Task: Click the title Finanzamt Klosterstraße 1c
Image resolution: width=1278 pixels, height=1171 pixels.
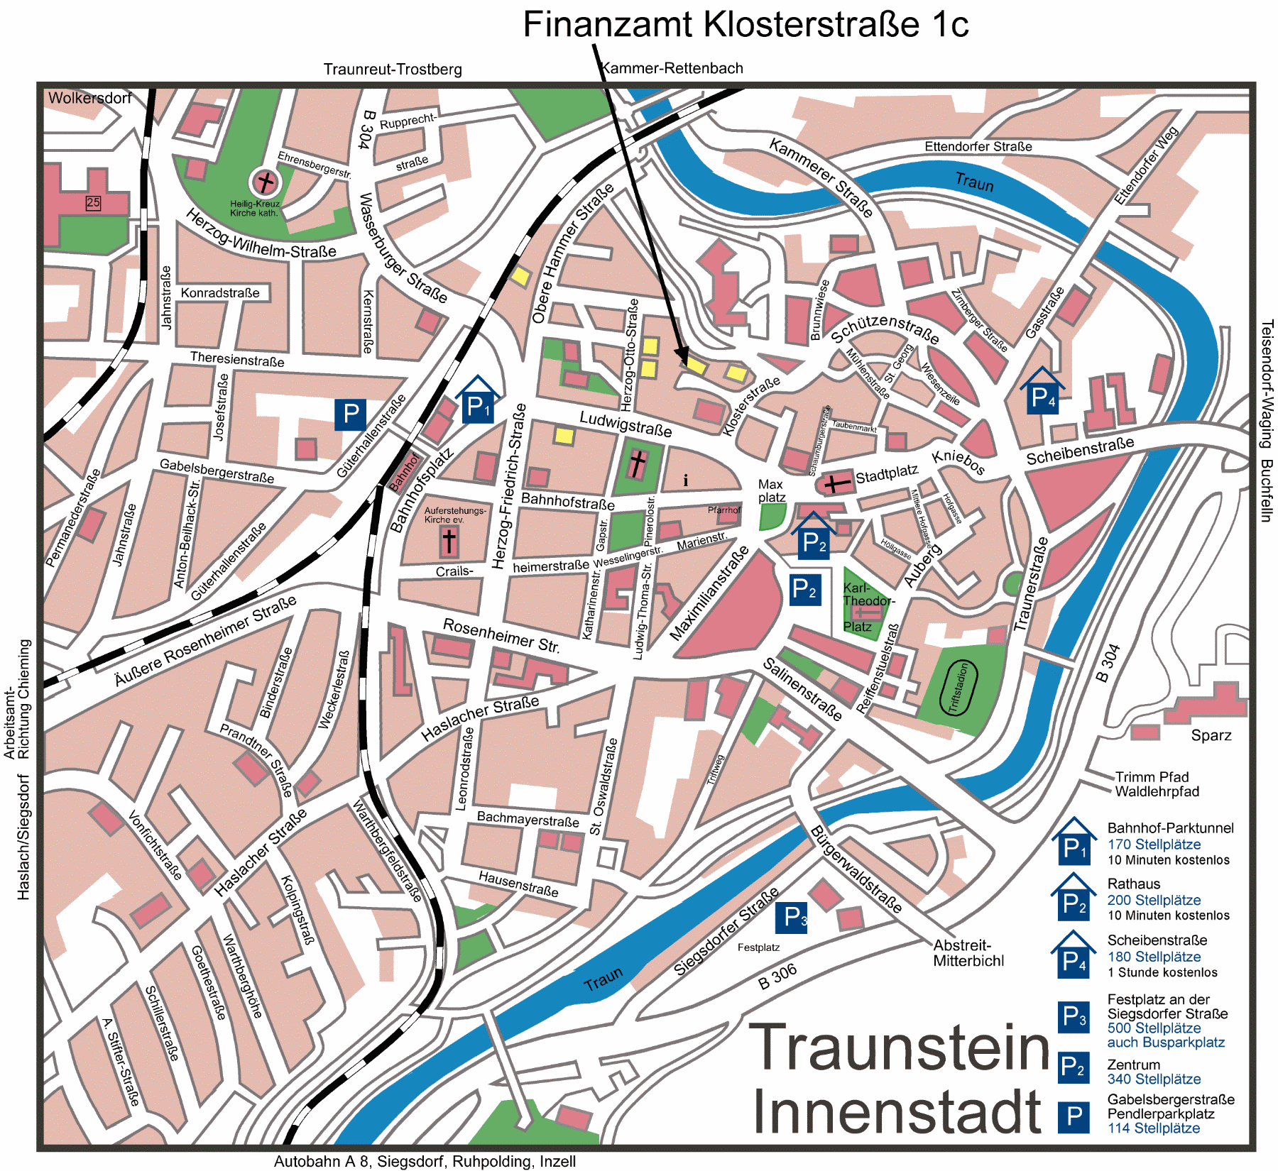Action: (745, 25)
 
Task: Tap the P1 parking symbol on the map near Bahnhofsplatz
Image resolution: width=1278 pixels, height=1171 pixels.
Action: (478, 406)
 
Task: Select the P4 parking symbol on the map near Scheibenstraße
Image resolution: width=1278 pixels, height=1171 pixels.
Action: (1042, 397)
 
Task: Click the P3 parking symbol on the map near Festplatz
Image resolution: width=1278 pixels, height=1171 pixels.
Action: (791, 918)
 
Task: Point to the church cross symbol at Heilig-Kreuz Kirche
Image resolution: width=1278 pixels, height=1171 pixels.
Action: (265, 182)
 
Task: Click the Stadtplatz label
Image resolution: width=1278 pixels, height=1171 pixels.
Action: (887, 475)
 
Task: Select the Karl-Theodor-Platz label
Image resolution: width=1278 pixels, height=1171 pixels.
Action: (868, 601)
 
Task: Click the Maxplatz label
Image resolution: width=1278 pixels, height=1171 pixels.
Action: (771, 490)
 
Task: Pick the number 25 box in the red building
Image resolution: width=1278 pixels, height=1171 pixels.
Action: (93, 203)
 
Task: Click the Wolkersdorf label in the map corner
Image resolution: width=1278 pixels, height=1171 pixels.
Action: (89, 98)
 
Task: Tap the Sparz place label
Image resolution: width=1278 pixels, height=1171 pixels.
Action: (1211, 735)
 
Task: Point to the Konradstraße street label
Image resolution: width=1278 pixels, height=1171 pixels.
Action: (220, 293)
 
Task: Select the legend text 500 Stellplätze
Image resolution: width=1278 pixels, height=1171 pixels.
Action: (1154, 1028)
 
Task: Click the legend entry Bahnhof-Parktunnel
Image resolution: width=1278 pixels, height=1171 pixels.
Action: (1170, 828)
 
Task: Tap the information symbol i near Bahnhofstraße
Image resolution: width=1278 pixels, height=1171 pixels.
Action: (685, 481)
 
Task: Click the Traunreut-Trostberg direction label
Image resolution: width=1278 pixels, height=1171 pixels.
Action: (393, 70)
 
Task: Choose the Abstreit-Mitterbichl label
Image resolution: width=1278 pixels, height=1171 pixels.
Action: (968, 953)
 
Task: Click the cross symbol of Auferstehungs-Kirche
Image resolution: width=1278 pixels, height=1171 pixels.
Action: (449, 541)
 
